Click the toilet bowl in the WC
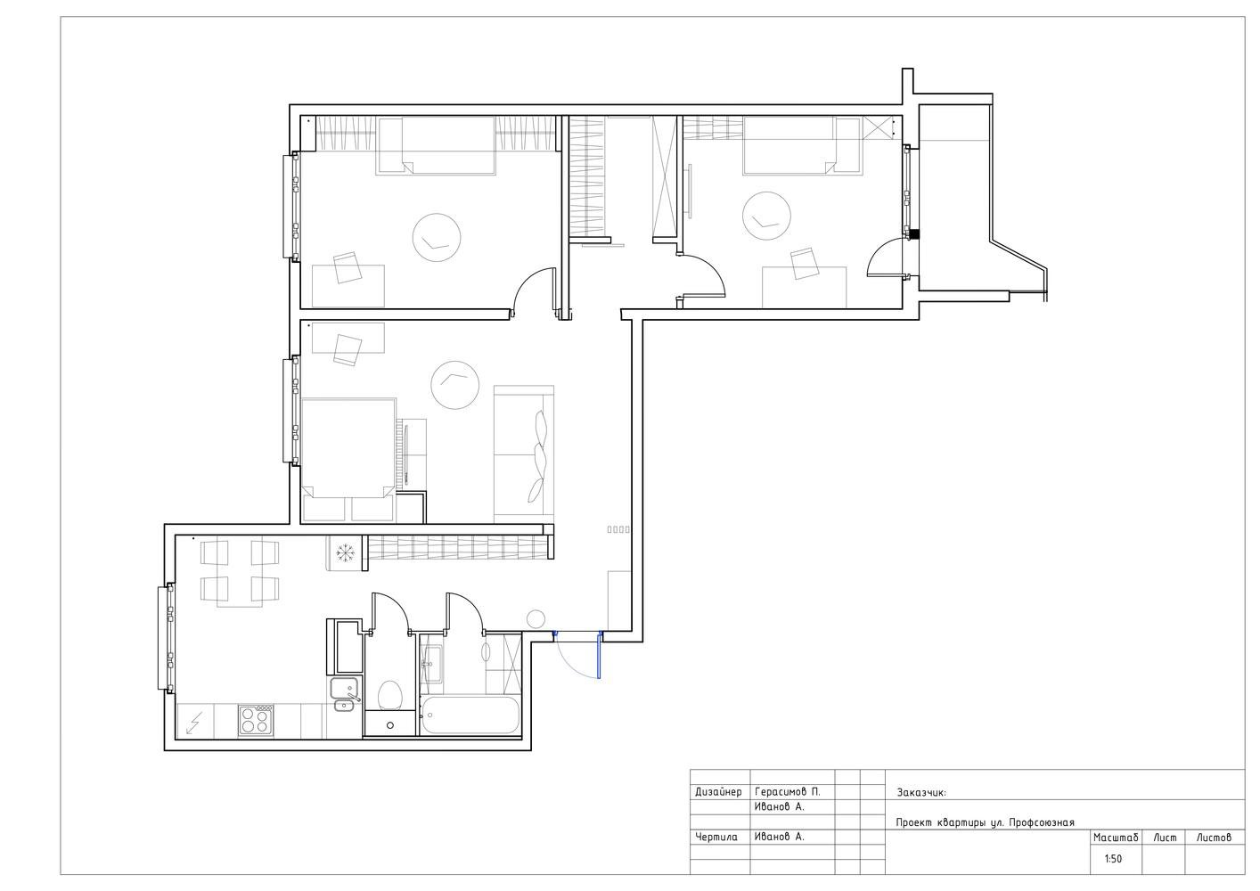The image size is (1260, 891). pos(389,695)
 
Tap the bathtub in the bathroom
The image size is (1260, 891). pos(470,715)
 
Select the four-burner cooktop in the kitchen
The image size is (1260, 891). pos(256,721)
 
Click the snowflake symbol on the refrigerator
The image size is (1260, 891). pos(346,553)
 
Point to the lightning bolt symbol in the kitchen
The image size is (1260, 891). pos(194,723)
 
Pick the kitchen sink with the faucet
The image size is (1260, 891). pos(344,695)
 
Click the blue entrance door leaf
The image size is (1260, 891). pos(599,655)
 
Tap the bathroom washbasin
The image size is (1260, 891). pos(431,665)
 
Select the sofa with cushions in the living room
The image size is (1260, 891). pos(524,454)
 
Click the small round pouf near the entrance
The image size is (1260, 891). pos(536,619)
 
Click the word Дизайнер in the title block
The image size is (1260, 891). pos(718,792)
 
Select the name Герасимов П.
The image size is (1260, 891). pos(788,792)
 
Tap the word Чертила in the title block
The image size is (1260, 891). pos(716,837)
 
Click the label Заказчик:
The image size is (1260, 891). pos(921,793)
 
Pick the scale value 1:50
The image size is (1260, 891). pos(1113,859)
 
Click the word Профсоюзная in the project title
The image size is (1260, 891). pos(1041,822)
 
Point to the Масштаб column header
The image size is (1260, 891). pos(1116,838)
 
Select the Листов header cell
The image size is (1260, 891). pos(1214,838)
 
